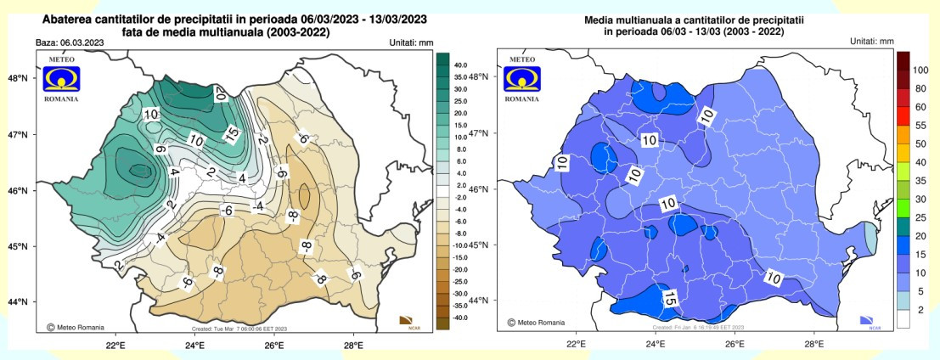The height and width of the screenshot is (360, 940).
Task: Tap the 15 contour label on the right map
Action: (x=669, y=298)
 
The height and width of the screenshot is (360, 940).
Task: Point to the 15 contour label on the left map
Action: (x=231, y=133)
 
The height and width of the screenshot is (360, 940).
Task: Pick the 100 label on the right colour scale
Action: (x=921, y=70)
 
